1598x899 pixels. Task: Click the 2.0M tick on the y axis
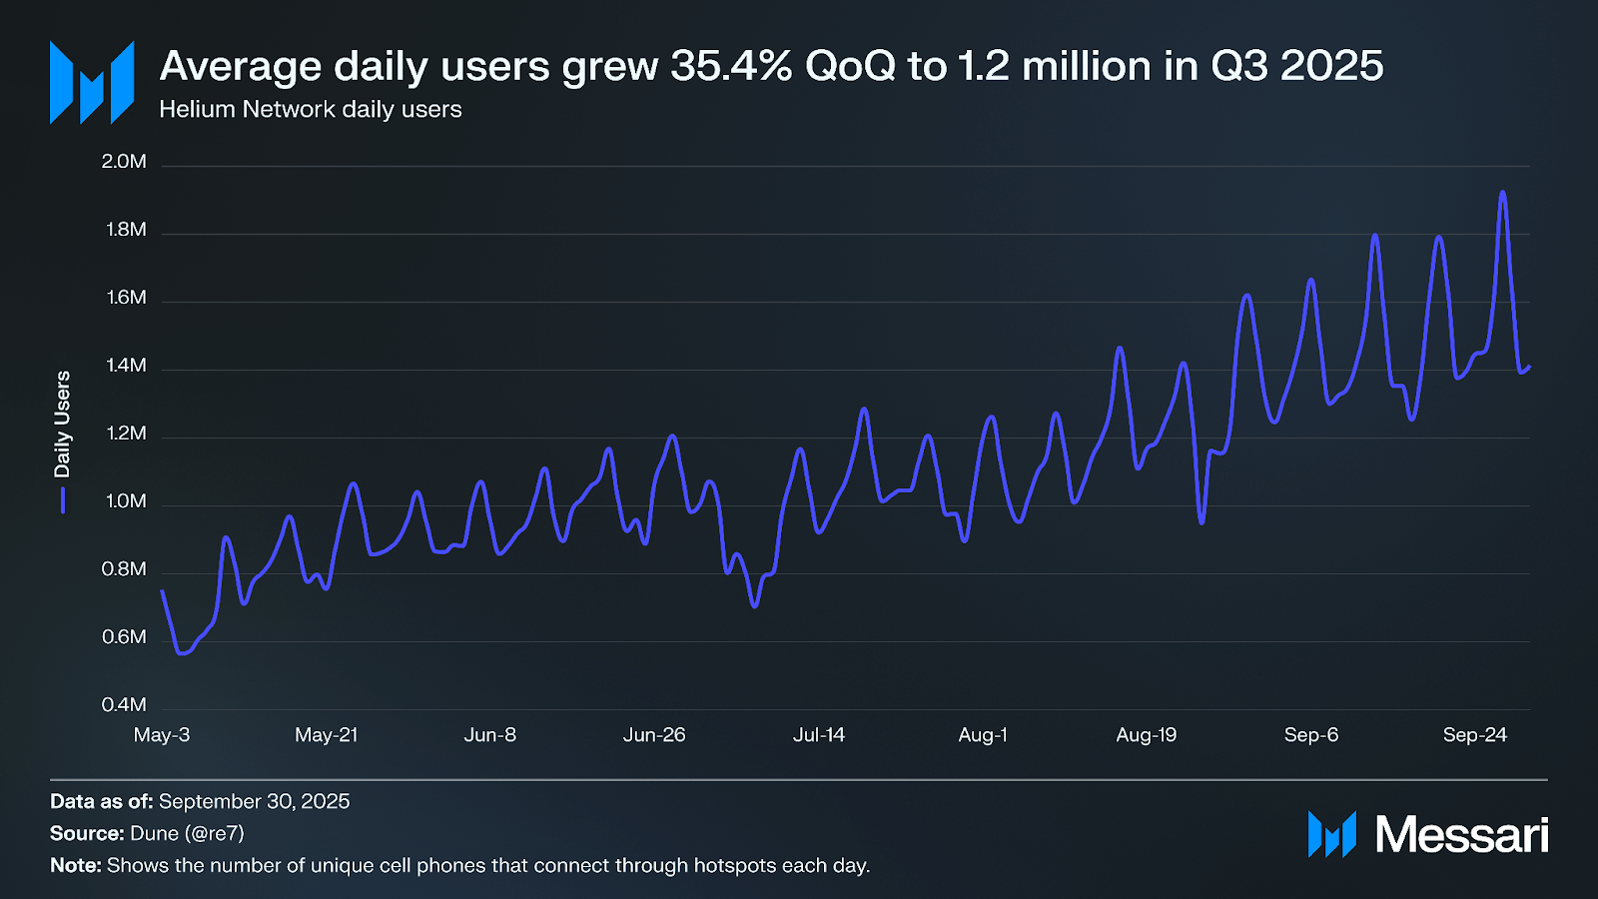[124, 162]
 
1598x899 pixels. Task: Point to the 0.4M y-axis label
[124, 705]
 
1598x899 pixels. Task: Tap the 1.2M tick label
[126, 434]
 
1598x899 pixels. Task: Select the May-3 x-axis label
[162, 735]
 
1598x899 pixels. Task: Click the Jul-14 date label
[819, 735]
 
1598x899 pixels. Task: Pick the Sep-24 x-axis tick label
[1474, 735]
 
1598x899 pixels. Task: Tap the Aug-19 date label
[1147, 735]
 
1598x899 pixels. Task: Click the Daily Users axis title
[63, 425]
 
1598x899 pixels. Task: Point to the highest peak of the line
[1502, 193]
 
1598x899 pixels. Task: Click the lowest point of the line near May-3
[182, 653]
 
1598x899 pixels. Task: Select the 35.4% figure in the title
[731, 67]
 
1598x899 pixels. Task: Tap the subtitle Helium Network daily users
[311, 110]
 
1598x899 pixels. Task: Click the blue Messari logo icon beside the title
[92, 83]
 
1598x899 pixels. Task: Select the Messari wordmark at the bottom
[1461, 835]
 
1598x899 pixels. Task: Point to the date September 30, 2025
[254, 801]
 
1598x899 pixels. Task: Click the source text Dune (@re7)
[187, 833]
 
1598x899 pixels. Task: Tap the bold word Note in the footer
[75, 865]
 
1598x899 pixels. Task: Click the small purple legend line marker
[63, 499]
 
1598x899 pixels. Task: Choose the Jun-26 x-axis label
[654, 735]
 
